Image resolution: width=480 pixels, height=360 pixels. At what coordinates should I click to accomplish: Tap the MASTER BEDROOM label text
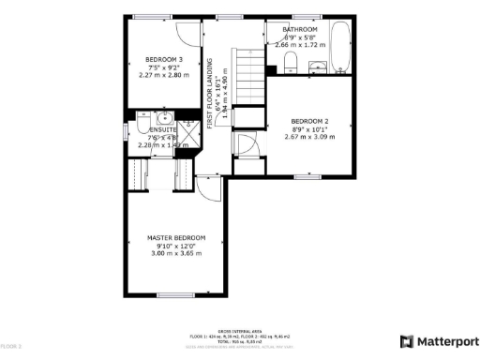click(175, 238)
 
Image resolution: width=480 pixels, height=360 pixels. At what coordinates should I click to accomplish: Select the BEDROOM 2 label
click(308, 122)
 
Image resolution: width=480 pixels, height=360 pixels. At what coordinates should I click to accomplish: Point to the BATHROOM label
click(300, 29)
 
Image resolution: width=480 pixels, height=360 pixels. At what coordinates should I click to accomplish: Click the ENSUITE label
click(149, 130)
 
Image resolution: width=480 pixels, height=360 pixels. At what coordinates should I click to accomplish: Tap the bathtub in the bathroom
click(339, 47)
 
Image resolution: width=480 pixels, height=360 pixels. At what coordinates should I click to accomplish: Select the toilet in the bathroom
click(291, 63)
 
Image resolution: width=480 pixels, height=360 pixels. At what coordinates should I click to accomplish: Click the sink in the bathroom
click(317, 65)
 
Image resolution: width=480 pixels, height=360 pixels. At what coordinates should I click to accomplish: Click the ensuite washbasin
click(162, 118)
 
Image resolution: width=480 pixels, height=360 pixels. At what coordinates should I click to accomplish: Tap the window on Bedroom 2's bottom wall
click(307, 176)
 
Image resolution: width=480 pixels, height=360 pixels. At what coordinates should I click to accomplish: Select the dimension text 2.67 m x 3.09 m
click(308, 137)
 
